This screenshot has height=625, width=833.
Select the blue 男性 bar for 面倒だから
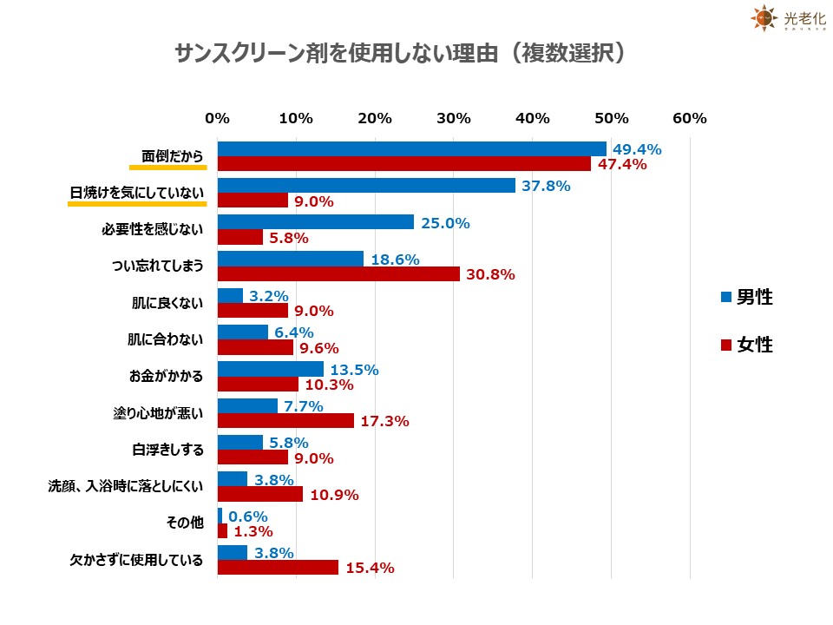pos(411,149)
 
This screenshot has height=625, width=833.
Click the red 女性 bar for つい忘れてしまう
pos(338,273)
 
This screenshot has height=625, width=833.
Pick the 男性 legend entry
pos(746,297)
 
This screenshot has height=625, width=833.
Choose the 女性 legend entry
pos(746,345)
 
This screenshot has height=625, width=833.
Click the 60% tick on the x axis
pos(690,118)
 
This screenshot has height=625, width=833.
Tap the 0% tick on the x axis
pos(217,118)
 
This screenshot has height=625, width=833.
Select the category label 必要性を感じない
pos(152,230)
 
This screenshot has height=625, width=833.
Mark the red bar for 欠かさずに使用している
pos(278,568)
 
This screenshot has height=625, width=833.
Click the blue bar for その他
pos(220,516)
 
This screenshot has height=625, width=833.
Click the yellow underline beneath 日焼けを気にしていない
pos(137,205)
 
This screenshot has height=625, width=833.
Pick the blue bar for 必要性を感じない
pos(315,223)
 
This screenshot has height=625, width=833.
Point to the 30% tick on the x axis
pos(453,118)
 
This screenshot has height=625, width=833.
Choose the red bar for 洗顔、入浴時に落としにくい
pos(259,494)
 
